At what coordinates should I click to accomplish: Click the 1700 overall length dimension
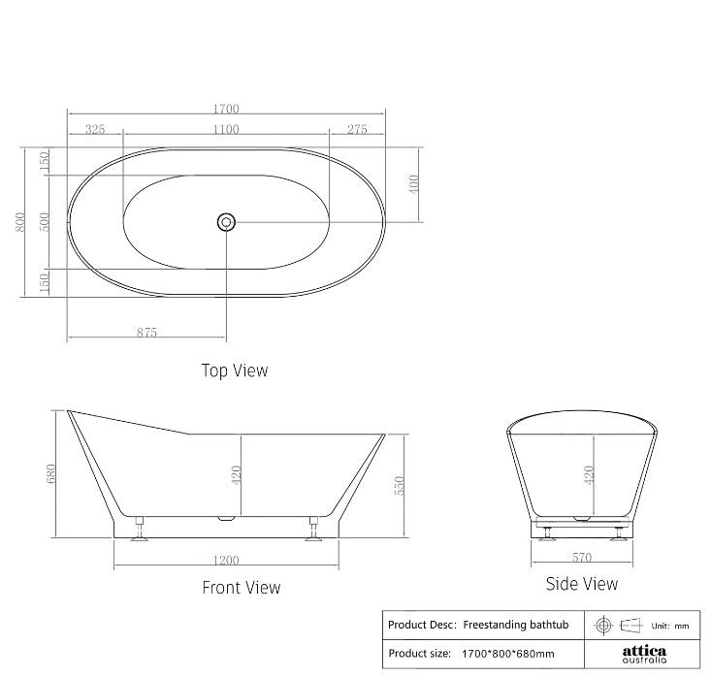[226, 110]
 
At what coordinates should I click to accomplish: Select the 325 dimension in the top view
[95, 129]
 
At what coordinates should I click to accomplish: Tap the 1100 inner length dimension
[226, 129]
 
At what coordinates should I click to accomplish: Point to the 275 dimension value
[357, 129]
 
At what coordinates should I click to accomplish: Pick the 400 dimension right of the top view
[413, 184]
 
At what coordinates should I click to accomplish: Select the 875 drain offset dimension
[146, 332]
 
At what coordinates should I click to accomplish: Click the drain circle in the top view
[226, 222]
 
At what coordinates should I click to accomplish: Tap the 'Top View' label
[234, 370]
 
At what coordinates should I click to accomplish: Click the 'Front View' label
[241, 587]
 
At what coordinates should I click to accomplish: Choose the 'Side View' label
[581, 583]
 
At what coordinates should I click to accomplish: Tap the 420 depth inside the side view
[587, 475]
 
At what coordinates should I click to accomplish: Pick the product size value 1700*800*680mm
[509, 654]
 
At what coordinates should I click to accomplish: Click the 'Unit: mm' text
[669, 626]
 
